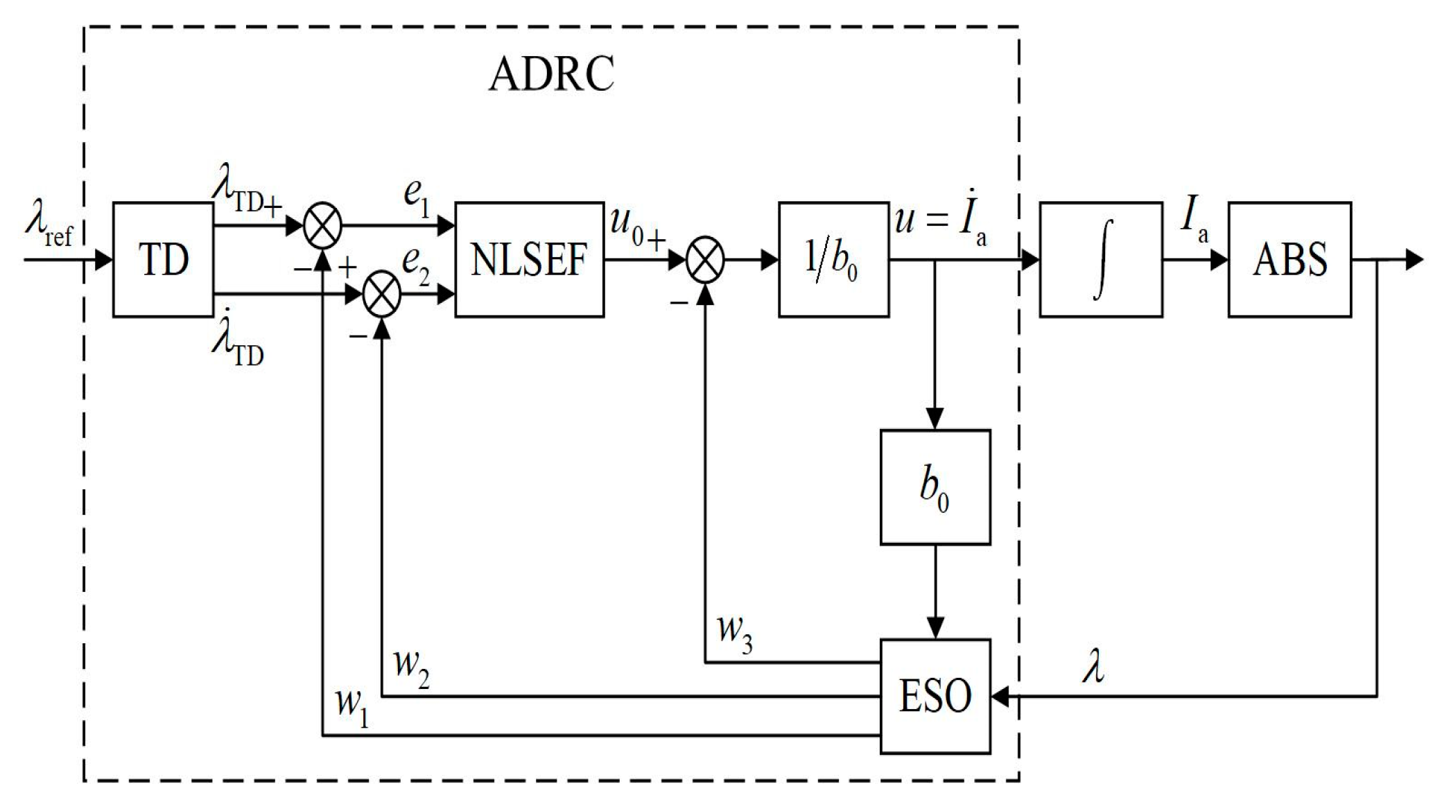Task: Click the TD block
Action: click(163, 260)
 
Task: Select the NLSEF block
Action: click(529, 260)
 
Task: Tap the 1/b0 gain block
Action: click(833, 260)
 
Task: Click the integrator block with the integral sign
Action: click(1101, 260)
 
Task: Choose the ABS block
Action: click(1289, 260)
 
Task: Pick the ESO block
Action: click(935, 696)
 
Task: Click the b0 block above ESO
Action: click(935, 487)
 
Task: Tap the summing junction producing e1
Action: click(323, 226)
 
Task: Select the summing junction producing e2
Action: click(382, 294)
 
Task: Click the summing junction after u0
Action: click(705, 261)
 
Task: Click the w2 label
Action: click(411, 668)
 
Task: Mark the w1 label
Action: click(351, 707)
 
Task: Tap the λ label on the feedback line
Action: click(1094, 668)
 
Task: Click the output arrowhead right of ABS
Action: click(1415, 261)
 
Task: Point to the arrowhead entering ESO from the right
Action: click(1000, 697)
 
